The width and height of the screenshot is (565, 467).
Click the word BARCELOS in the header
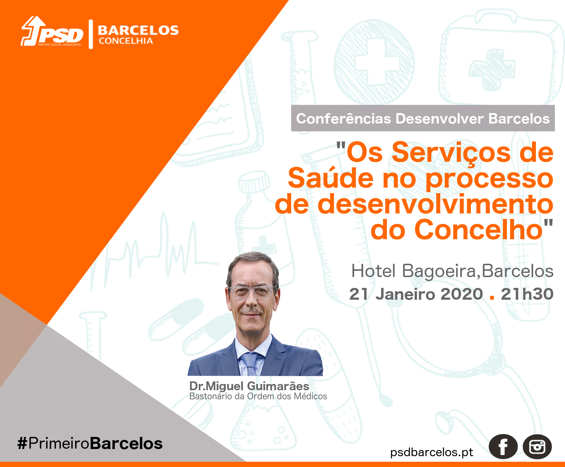(138, 30)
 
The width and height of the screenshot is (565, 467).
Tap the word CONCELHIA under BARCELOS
(126, 41)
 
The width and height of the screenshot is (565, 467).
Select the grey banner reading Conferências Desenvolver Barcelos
(423, 118)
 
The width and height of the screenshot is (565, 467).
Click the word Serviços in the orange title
(451, 152)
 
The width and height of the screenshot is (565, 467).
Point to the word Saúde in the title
(331, 178)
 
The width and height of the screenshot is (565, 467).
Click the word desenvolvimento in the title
(435, 204)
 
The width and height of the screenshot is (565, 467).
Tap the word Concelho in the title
(479, 229)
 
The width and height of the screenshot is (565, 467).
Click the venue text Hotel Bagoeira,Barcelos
(452, 271)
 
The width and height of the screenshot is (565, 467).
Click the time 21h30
(527, 294)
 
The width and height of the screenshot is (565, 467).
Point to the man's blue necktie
(250, 364)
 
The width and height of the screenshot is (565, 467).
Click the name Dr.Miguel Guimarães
(249, 386)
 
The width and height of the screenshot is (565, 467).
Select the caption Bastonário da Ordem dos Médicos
(258, 396)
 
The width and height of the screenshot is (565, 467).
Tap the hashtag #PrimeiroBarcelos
(90, 443)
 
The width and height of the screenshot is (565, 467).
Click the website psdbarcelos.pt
(432, 452)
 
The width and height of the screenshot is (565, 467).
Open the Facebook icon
(503, 447)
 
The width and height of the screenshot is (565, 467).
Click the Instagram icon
(537, 447)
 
